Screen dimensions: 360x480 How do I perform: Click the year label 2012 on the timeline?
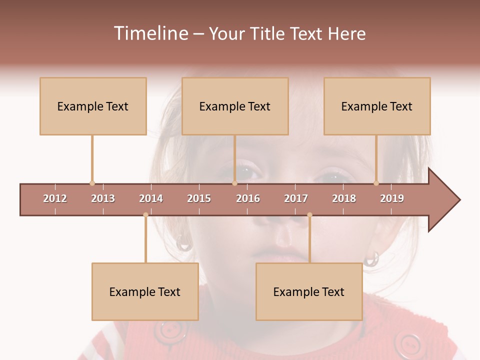55,198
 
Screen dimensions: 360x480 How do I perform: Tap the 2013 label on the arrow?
103,198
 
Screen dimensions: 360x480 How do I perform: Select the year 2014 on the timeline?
151,198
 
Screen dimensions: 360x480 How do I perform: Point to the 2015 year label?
199,198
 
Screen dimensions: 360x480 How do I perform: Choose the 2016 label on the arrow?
248,198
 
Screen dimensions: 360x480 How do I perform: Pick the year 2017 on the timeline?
296,198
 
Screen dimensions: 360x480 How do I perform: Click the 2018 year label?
344,198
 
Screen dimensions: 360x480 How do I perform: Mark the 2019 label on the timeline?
392,198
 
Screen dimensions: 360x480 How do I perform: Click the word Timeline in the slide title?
150,33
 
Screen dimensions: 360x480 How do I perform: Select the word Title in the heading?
268,33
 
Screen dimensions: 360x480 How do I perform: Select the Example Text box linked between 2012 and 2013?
93,106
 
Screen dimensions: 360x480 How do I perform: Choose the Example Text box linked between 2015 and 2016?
235,106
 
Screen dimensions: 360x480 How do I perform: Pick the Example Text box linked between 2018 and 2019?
377,106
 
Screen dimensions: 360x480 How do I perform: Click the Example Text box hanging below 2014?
145,291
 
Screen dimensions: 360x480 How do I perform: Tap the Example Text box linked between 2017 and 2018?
309,291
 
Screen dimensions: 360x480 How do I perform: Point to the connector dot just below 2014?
145,215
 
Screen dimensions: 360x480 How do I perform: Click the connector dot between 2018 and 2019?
376,183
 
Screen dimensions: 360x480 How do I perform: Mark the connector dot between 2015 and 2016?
234,183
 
